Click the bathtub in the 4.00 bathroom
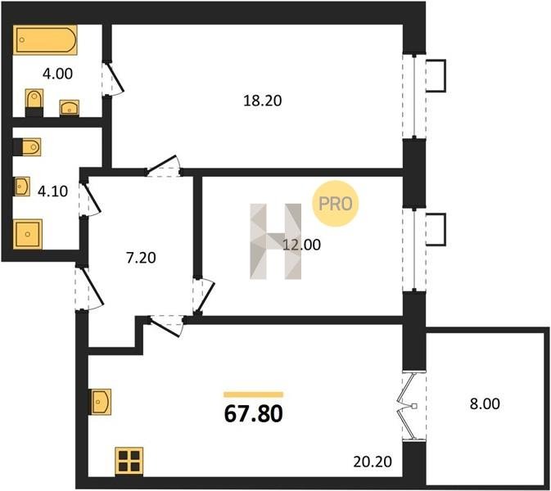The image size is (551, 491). (x=45, y=39)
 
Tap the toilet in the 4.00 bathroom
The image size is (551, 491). (x=34, y=102)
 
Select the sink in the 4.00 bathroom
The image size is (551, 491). (x=70, y=108)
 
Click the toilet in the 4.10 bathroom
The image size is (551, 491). (x=27, y=146)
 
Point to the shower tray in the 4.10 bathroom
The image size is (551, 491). (x=28, y=234)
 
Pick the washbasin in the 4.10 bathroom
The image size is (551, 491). (x=21, y=186)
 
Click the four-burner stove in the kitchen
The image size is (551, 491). (x=129, y=462)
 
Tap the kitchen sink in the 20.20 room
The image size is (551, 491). (x=100, y=402)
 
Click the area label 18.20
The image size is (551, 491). (x=263, y=101)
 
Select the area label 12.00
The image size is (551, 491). (x=301, y=245)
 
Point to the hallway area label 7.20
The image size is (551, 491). (x=141, y=258)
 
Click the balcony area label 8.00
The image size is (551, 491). (x=485, y=404)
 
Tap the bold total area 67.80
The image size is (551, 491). (x=253, y=413)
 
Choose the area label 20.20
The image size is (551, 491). (x=373, y=462)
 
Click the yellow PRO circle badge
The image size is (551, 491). (x=335, y=203)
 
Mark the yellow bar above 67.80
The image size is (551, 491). (x=253, y=394)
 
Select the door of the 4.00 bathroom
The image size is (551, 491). (x=113, y=79)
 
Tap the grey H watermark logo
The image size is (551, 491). (x=275, y=241)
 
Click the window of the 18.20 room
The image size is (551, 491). (x=414, y=96)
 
